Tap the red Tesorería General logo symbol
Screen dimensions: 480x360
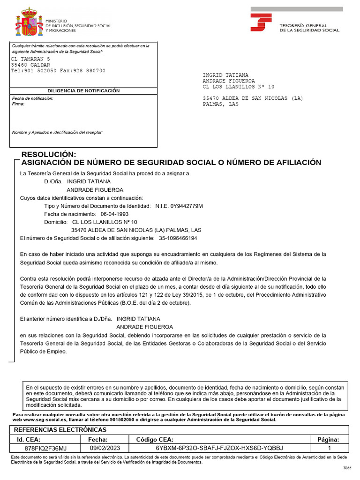pos(261,22)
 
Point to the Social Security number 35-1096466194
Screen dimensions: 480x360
pos(178,238)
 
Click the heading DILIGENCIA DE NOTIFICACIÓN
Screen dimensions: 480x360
pos(83,90)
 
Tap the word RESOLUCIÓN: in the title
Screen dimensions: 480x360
pos(49,154)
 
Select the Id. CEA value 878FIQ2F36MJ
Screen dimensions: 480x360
pos(45,448)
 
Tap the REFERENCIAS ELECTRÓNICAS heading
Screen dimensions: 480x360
pos(60,430)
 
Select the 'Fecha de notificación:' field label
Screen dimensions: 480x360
pos(32,99)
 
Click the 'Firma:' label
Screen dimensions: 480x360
pos(18,104)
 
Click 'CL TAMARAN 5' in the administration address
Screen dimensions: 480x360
pos(30,59)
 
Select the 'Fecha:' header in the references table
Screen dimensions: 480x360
pos(98,440)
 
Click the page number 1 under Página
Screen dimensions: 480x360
pos(329,448)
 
